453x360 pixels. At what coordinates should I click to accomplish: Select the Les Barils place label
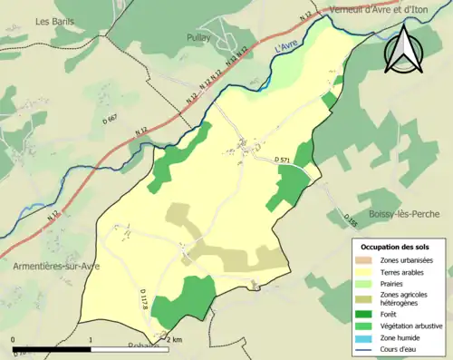click(54, 20)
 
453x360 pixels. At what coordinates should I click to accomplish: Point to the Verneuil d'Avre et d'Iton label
click(378, 9)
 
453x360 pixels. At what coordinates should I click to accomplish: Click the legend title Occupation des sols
click(398, 246)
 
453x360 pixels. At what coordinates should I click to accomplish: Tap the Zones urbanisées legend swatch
click(370, 260)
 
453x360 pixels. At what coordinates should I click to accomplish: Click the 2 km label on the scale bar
click(174, 339)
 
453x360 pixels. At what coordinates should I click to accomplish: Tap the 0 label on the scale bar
click(14, 339)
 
